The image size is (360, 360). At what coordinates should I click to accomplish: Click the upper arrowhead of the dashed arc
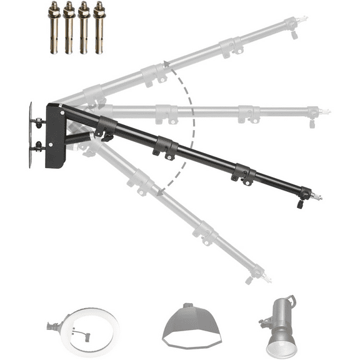[164, 63]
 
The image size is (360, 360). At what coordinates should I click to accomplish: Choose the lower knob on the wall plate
[40, 147]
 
